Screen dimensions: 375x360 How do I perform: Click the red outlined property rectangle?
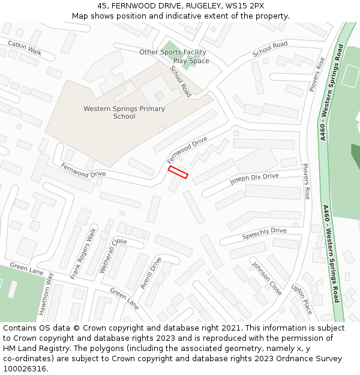178,173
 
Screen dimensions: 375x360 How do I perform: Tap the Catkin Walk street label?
25,47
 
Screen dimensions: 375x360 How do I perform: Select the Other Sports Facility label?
172,52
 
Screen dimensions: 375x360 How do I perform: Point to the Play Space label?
191,61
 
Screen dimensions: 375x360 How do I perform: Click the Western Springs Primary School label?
124,113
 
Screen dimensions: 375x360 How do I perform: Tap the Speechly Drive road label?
265,233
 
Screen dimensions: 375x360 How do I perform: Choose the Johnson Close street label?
266,279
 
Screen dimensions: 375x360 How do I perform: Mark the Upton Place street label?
302,299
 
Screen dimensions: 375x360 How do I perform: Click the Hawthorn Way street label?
46,294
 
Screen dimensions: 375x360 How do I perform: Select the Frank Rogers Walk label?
83,254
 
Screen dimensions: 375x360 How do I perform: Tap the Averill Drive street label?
151,273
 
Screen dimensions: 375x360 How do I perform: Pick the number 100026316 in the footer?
26,369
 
